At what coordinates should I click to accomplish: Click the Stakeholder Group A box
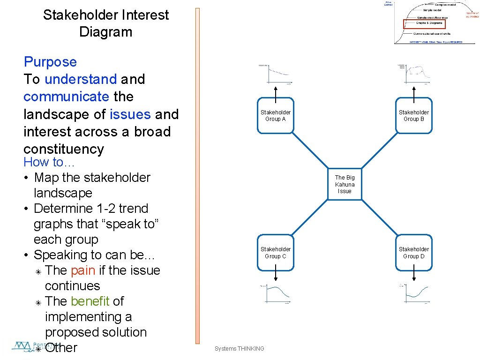click(x=276, y=116)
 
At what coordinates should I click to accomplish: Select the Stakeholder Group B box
click(x=413, y=116)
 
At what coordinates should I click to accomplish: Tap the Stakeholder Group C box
click(x=276, y=253)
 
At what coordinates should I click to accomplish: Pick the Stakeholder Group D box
click(x=413, y=253)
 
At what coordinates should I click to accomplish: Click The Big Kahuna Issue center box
click(x=345, y=184)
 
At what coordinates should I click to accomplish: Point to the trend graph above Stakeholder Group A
click(x=275, y=75)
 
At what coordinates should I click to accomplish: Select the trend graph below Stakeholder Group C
click(x=275, y=294)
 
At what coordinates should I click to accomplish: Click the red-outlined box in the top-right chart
click(x=423, y=23)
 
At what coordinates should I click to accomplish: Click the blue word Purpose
click(x=50, y=62)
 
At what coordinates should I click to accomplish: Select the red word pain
click(x=83, y=270)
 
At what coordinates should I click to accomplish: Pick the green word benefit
click(x=90, y=301)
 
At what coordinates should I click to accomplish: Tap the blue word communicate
click(x=66, y=97)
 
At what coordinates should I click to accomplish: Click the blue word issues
click(x=130, y=114)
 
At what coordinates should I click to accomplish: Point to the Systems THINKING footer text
click(x=239, y=348)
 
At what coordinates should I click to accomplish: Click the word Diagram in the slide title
click(x=105, y=32)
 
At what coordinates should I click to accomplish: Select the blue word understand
click(x=81, y=79)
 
